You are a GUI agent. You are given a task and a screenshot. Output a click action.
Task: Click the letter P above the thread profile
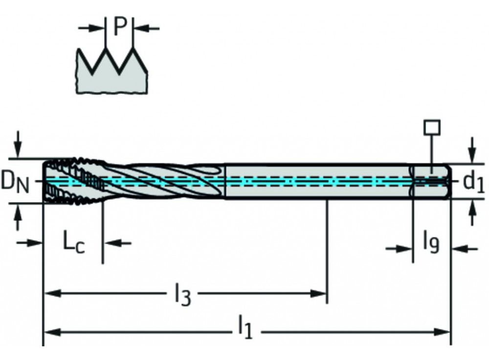click(120, 28)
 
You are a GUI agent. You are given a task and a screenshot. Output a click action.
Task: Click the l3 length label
click(182, 295)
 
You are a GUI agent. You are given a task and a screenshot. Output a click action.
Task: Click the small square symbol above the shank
click(432, 127)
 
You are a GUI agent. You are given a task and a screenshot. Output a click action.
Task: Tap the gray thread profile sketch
click(111, 73)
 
